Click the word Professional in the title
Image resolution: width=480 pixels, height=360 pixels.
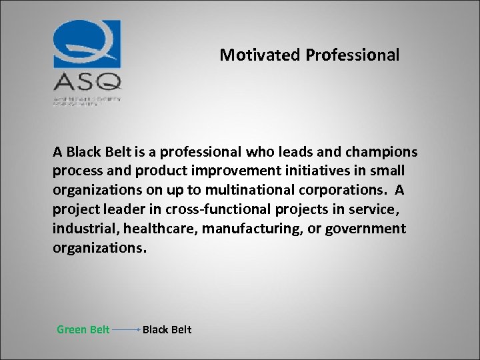pyautogui.click(x=353, y=55)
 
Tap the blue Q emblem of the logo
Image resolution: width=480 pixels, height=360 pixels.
pyautogui.click(x=87, y=44)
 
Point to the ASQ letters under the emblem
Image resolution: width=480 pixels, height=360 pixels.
pyautogui.click(x=87, y=82)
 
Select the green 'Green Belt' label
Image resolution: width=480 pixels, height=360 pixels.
pyautogui.click(x=83, y=329)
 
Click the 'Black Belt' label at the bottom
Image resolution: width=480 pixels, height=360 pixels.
pyautogui.click(x=167, y=329)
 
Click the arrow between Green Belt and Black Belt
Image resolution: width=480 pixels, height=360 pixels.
pyautogui.click(x=126, y=329)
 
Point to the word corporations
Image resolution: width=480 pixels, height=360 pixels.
pyautogui.click(x=333, y=190)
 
